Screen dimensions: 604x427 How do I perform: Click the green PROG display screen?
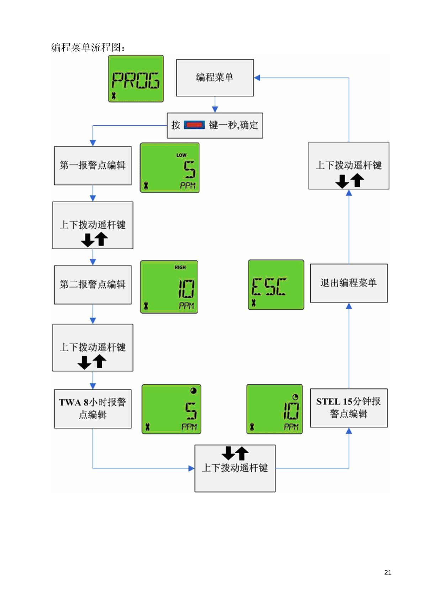(136, 79)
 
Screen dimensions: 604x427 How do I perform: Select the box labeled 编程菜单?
(215, 78)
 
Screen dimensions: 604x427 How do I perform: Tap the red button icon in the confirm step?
(194, 125)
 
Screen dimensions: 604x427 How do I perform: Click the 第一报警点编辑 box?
(93, 166)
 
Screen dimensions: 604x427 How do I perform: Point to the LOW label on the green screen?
(181, 155)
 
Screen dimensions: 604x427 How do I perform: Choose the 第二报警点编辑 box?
(93, 285)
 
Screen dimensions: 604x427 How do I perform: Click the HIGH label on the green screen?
(180, 267)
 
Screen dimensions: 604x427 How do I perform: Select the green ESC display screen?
(276, 285)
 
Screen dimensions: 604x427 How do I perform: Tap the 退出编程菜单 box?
(349, 283)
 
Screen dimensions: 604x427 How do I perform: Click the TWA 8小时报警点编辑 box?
(93, 409)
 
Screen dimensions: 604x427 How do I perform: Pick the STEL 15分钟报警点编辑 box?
(349, 408)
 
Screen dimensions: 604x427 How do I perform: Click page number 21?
(388, 573)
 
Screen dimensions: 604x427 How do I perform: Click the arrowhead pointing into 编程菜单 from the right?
(257, 78)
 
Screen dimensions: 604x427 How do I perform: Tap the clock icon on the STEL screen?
(295, 397)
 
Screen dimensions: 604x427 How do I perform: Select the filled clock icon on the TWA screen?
(194, 390)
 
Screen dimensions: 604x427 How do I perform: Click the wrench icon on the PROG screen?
(114, 95)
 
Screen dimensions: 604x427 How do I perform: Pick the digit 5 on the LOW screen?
(190, 170)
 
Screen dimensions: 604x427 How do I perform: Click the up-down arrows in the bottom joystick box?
(235, 453)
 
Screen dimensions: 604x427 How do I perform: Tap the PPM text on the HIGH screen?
(186, 306)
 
